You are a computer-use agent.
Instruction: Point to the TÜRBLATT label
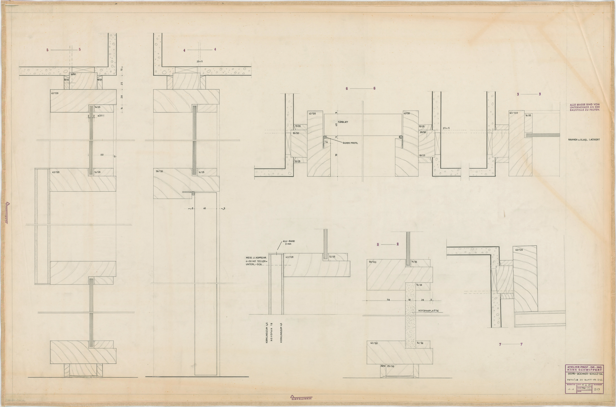[x=343, y=122]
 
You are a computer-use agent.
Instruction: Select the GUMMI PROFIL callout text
[x=350, y=143]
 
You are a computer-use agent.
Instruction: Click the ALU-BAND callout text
[x=289, y=243]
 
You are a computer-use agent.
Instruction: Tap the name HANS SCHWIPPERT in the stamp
[x=584, y=370]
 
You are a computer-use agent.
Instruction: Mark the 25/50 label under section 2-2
[x=391, y=366]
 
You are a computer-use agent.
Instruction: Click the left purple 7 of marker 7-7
[x=500, y=344]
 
